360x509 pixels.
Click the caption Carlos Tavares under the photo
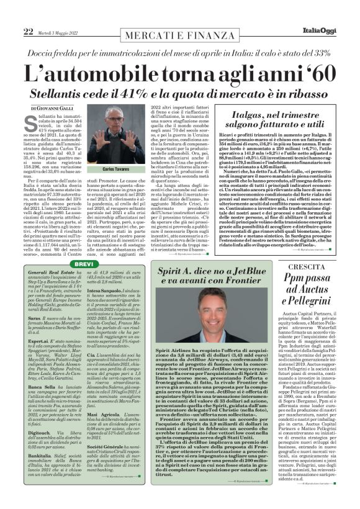click(x=116, y=169)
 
